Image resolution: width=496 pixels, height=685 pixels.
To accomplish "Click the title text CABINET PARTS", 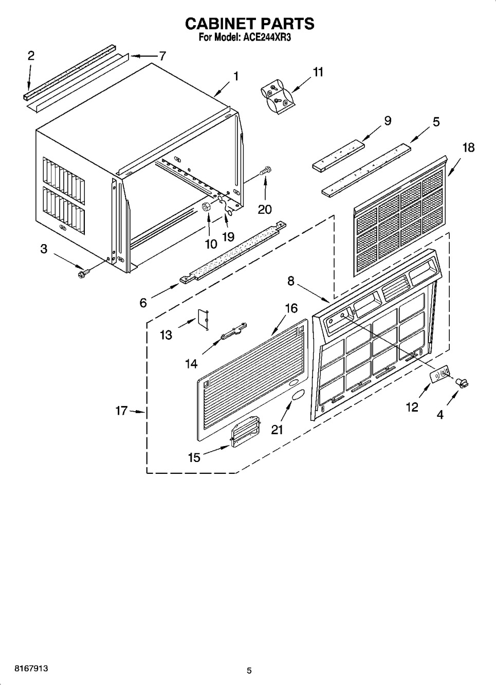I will [249, 24].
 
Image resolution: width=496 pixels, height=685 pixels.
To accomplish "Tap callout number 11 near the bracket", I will [318, 72].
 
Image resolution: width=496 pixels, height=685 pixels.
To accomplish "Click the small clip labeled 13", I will [203, 318].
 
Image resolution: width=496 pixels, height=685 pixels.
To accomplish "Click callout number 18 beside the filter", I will [468, 147].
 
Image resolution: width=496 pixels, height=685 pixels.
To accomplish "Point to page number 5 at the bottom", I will [249, 670].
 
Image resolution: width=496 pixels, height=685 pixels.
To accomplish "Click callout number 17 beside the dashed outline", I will [121, 411].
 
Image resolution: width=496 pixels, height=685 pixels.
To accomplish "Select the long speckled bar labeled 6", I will [232, 252].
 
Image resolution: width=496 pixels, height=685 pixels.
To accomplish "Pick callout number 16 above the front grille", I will [291, 308].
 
